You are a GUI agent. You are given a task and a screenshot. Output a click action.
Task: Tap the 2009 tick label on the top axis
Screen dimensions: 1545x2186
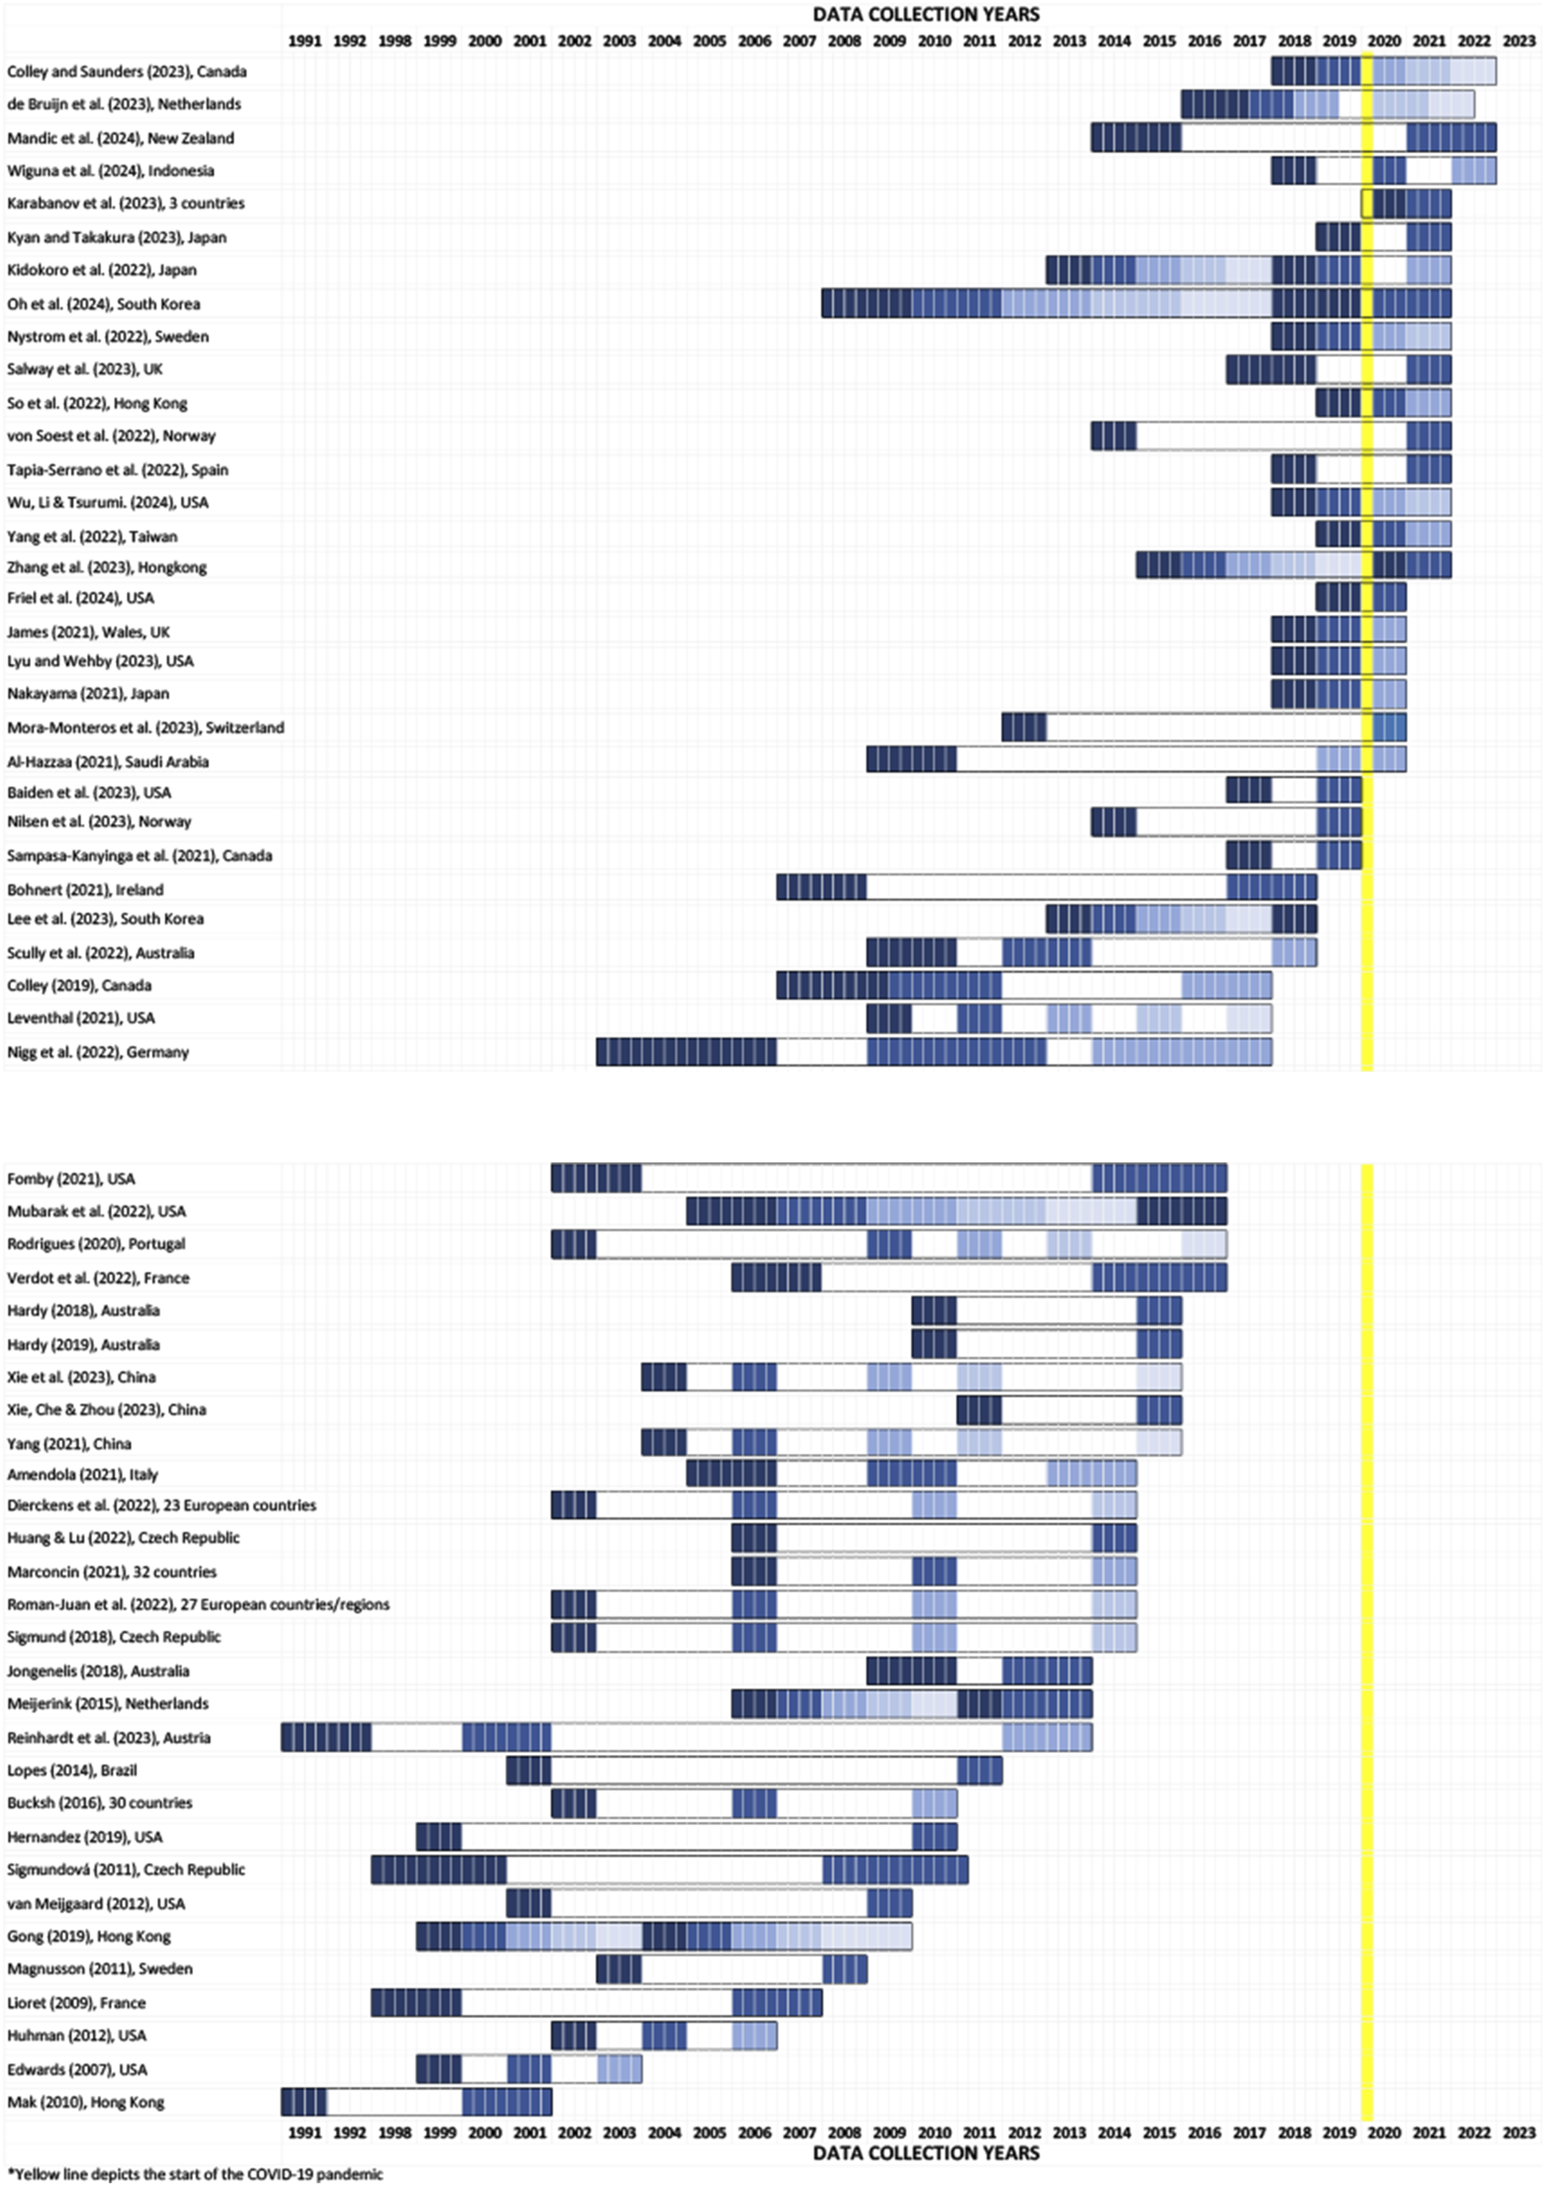[889, 41]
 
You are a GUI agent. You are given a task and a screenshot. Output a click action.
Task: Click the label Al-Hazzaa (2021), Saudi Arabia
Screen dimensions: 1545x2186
[107, 762]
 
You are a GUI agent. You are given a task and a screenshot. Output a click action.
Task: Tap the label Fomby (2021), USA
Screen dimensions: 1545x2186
[71, 1179]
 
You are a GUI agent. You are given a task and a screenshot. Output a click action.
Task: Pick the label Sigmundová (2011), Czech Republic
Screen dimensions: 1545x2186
[126, 1869]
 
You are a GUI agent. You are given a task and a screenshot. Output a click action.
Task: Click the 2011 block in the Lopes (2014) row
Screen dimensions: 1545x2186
[979, 1770]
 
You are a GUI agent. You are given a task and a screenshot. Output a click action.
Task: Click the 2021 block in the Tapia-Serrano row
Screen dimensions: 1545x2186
[1429, 469]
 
